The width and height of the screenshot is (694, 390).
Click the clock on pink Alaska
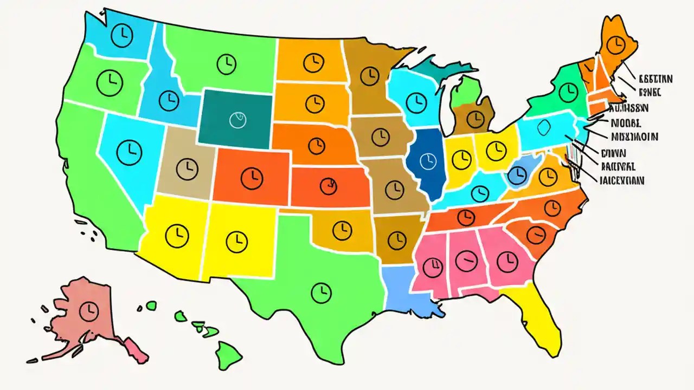tap(87, 311)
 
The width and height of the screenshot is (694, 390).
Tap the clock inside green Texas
tap(321, 292)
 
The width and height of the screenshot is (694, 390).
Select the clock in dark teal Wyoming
tap(237, 119)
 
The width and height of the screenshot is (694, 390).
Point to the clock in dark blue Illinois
tap(428, 160)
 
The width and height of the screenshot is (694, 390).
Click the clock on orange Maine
tap(615, 45)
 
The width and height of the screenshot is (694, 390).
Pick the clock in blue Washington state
tap(121, 35)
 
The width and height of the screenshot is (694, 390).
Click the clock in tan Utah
tap(187, 165)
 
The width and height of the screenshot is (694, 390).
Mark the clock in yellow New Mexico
tap(235, 239)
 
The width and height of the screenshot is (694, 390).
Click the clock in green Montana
tap(226, 64)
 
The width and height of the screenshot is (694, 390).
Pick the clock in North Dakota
tap(312, 63)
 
